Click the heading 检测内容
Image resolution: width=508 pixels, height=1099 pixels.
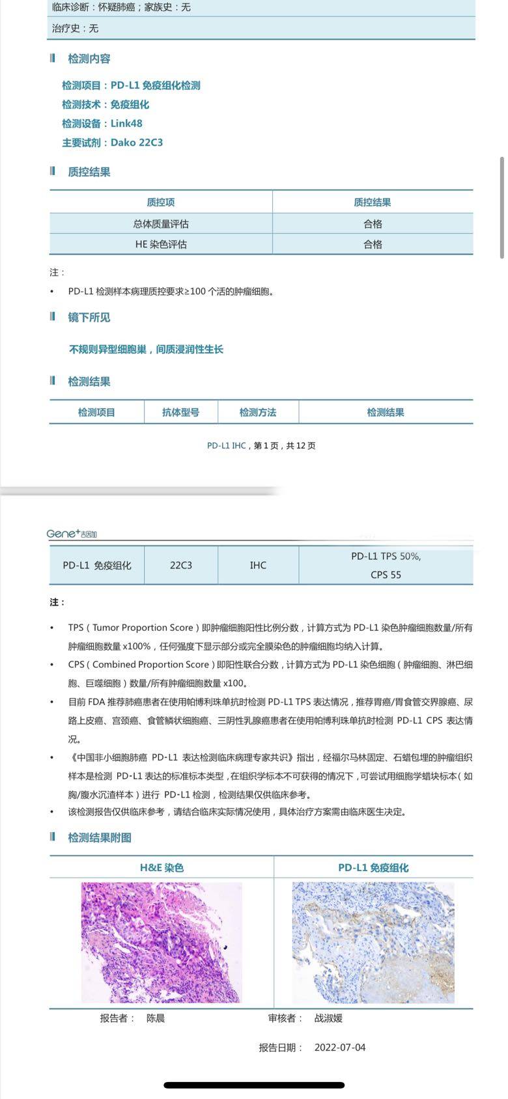pyautogui.click(x=89, y=59)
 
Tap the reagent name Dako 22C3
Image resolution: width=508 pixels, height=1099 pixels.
pyautogui.click(x=137, y=143)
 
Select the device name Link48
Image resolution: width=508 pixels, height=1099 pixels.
pyautogui.click(x=126, y=124)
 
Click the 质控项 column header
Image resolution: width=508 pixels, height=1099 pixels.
pyautogui.click(x=160, y=202)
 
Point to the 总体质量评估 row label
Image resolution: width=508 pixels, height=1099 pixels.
pyautogui.click(x=160, y=224)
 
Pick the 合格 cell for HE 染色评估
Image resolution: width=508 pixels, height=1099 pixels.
pyautogui.click(x=373, y=244)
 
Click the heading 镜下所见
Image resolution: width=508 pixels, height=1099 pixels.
pyautogui.click(x=89, y=318)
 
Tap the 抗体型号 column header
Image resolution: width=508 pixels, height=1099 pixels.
pyautogui.click(x=180, y=412)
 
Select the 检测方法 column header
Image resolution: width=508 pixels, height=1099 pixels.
pyautogui.click(x=258, y=412)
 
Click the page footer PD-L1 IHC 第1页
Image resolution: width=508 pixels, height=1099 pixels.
pyautogui.click(x=261, y=446)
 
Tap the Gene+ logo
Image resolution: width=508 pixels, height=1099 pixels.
pyautogui.click(x=72, y=534)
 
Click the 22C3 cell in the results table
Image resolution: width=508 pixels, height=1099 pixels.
pyautogui.click(x=181, y=565)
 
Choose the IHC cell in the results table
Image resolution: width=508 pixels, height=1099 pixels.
pyautogui.click(x=258, y=565)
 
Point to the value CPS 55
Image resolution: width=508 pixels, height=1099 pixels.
pyautogui.click(x=386, y=575)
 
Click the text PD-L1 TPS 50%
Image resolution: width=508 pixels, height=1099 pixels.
pyautogui.click(x=386, y=556)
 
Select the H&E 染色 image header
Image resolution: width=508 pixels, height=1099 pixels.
pyautogui.click(x=162, y=868)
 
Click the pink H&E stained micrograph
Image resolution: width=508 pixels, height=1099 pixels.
pyautogui.click(x=162, y=942)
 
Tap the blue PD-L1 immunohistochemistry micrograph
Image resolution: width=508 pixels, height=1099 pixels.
pyautogui.click(x=373, y=942)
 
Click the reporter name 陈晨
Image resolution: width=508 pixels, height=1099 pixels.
pyautogui.click(x=156, y=1018)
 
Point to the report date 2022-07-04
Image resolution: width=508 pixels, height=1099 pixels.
pyautogui.click(x=340, y=1048)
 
